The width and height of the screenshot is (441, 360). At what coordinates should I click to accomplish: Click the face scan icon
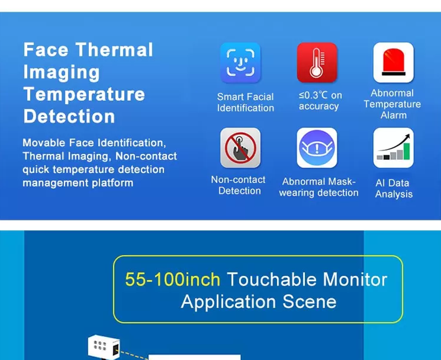tap(240, 63)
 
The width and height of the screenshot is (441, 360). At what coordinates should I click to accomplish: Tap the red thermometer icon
tap(317, 63)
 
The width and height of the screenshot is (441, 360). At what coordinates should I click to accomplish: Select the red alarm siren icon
tap(393, 62)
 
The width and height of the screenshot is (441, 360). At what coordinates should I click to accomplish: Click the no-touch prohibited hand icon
tap(240, 148)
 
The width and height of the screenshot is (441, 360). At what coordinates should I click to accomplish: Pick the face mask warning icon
tap(317, 148)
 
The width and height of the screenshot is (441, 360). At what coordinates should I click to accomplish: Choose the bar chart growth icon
tap(393, 148)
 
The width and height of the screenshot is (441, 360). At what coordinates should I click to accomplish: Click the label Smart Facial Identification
tap(245, 103)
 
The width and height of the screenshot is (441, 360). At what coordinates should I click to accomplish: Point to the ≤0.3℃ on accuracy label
tap(320, 101)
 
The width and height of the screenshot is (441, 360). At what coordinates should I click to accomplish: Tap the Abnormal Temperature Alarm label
tap(392, 104)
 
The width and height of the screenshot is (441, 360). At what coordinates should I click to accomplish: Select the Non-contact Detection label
tap(239, 185)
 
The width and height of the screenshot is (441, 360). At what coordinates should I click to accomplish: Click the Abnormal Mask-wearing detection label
tap(319, 187)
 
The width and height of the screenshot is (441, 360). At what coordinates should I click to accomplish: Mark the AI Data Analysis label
tap(394, 189)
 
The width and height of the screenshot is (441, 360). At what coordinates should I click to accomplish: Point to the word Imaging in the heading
tap(61, 72)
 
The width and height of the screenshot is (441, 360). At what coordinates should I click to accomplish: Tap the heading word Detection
tap(69, 116)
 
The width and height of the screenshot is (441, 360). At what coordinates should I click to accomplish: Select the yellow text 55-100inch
tap(173, 280)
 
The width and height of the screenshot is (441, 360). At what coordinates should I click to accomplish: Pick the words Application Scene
tap(259, 302)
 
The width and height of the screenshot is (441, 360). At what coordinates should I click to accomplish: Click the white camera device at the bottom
tap(104, 347)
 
